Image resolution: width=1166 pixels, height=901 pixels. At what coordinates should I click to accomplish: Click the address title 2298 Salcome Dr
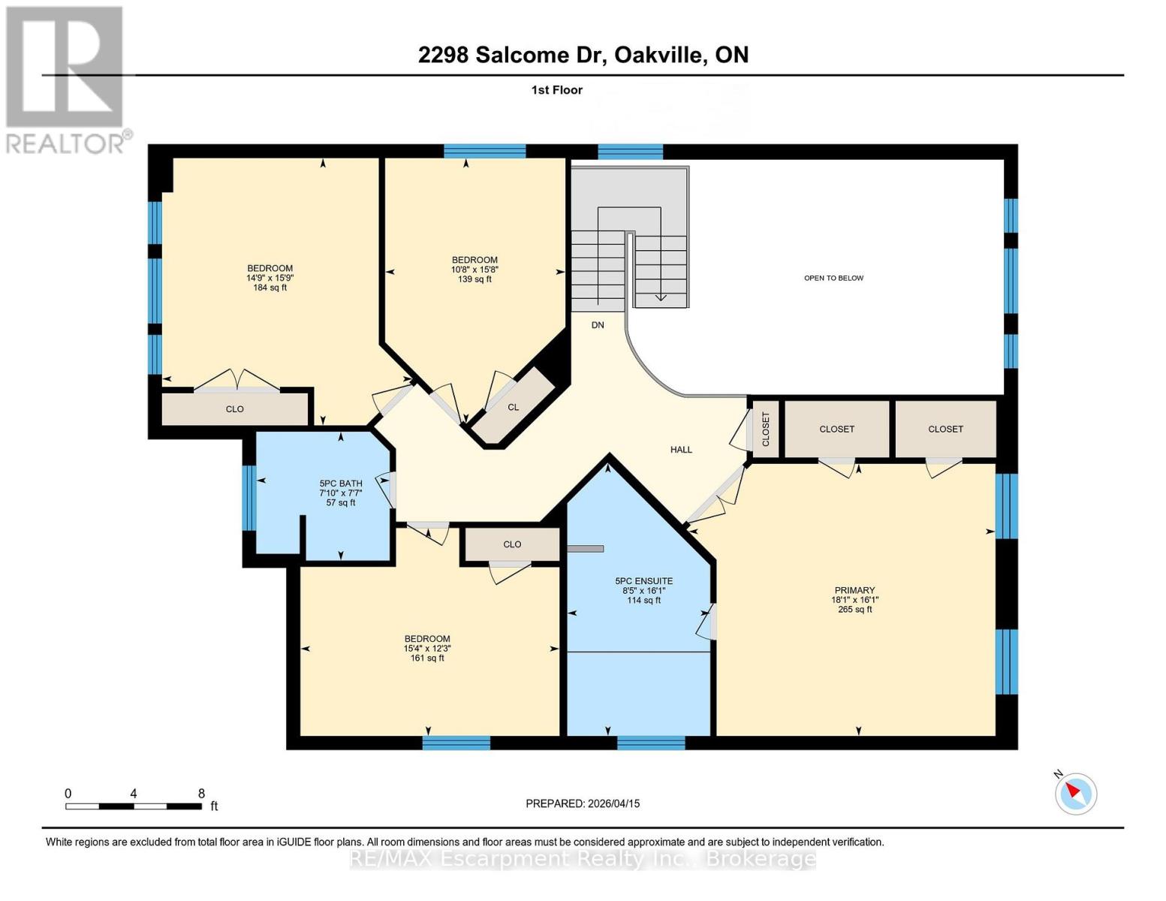pyautogui.click(x=583, y=55)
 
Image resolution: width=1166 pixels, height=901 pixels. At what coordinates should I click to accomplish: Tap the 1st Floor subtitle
pyautogui.click(x=556, y=90)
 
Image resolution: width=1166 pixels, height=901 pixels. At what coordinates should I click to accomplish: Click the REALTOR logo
pyautogui.click(x=66, y=80)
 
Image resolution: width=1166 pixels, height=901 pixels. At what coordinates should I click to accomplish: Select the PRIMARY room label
pyautogui.click(x=854, y=600)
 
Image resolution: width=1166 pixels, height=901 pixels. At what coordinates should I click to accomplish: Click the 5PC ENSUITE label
pyautogui.click(x=643, y=590)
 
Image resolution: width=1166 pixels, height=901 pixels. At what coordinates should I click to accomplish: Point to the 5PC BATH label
pyautogui.click(x=341, y=493)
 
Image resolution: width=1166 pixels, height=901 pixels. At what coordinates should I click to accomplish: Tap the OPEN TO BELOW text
pyautogui.click(x=833, y=278)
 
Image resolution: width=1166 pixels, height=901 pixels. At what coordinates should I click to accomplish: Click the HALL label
pyautogui.click(x=681, y=450)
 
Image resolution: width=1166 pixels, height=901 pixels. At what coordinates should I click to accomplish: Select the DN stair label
pyautogui.click(x=598, y=325)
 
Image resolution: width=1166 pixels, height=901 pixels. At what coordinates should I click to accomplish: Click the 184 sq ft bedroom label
pyautogui.click(x=270, y=278)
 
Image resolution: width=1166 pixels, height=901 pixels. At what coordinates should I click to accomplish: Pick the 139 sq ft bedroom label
pyautogui.click(x=475, y=270)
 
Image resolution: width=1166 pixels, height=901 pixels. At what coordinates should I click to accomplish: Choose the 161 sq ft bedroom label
pyautogui.click(x=427, y=648)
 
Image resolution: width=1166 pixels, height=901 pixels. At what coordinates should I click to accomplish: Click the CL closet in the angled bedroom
pyautogui.click(x=514, y=407)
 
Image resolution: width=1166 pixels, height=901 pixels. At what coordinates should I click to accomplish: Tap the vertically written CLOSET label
pyautogui.click(x=766, y=429)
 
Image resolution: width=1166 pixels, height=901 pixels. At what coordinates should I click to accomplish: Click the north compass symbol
pyautogui.click(x=1075, y=792)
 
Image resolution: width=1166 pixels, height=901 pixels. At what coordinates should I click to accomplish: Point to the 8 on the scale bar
pyautogui.click(x=201, y=794)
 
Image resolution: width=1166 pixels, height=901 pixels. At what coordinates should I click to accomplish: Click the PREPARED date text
pyautogui.click(x=583, y=803)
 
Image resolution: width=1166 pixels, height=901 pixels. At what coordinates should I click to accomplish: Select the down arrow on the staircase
pyautogui.click(x=661, y=297)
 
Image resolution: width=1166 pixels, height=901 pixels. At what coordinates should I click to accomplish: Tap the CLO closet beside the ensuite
pyautogui.click(x=512, y=544)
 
